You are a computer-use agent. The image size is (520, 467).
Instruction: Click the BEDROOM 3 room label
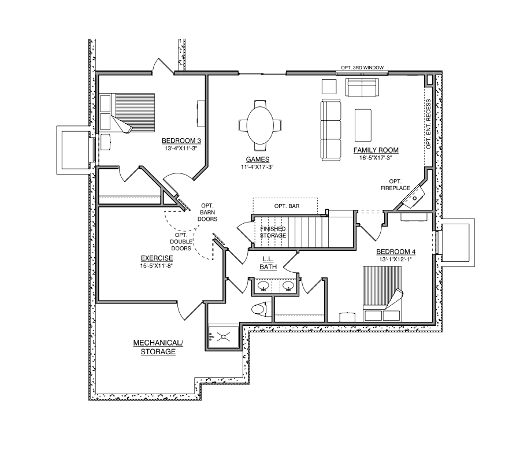[x=181, y=140]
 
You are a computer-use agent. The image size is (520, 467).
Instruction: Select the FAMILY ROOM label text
[x=376, y=150]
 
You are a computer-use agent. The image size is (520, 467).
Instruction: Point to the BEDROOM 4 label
[x=396, y=251]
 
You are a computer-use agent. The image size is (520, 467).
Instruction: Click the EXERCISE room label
[x=157, y=258]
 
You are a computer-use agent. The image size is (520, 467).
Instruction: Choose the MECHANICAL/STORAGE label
[x=158, y=347]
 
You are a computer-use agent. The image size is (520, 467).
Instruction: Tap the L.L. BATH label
[x=268, y=263]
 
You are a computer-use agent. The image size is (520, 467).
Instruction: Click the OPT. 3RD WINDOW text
[x=363, y=68]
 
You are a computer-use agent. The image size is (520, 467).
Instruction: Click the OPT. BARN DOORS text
[x=207, y=212]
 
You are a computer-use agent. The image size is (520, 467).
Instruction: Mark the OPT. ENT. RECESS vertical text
[x=428, y=124]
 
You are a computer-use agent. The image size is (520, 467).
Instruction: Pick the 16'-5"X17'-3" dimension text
[x=376, y=157]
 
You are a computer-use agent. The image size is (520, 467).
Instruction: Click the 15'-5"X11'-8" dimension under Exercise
[x=157, y=266]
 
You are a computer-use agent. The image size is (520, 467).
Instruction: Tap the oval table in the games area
[x=261, y=124]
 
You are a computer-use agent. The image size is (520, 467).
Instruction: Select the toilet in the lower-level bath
[x=261, y=309]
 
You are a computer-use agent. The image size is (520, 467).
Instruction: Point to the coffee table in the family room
[x=363, y=125]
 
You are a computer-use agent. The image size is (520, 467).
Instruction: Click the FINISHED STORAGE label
[x=273, y=232]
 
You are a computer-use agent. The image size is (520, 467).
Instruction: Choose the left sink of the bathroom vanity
[x=263, y=286]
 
